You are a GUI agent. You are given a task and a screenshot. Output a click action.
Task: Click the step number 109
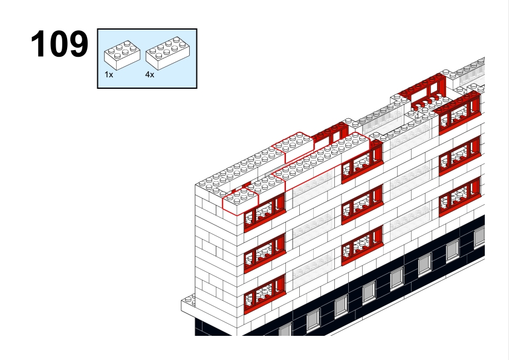point(59,44)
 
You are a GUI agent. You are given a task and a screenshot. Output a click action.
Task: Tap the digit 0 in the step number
point(59,44)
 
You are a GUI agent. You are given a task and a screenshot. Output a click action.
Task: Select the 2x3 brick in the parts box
point(122,55)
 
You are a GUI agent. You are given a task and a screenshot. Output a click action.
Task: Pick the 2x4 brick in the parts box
point(168,53)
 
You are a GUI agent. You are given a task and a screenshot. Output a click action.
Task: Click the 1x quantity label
point(109,75)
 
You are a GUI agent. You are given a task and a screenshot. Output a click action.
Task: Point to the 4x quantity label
point(150,75)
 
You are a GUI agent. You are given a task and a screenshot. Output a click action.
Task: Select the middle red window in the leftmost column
point(265,252)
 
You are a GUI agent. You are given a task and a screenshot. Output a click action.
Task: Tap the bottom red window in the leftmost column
point(265,294)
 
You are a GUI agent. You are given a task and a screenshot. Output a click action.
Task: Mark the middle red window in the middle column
point(362,204)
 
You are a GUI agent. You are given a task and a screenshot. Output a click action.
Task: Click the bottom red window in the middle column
point(362,245)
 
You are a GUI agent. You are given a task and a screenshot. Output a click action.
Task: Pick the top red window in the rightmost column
point(459,114)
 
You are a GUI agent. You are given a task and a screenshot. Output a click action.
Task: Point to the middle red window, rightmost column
point(459,156)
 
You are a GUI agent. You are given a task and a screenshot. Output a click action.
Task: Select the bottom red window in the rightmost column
point(459,197)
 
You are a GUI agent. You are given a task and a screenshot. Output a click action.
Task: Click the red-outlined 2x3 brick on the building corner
point(240,201)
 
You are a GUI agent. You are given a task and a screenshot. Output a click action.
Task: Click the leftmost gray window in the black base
point(285,330)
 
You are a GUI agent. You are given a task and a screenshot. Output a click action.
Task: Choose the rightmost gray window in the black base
point(479,237)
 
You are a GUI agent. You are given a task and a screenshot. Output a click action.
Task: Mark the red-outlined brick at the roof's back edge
point(293,147)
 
